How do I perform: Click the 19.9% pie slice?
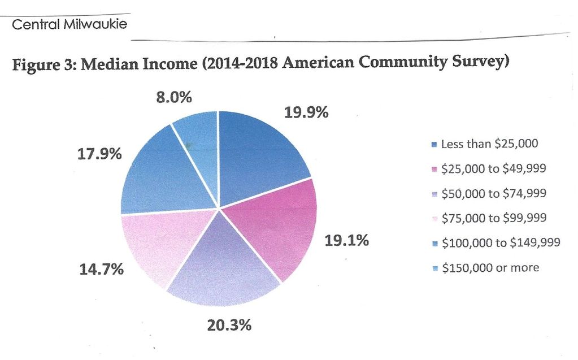257,150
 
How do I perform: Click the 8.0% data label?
173,97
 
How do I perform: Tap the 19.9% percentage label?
306,112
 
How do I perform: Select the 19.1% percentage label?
346,241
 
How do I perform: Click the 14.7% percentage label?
101,269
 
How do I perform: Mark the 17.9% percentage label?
99,153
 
